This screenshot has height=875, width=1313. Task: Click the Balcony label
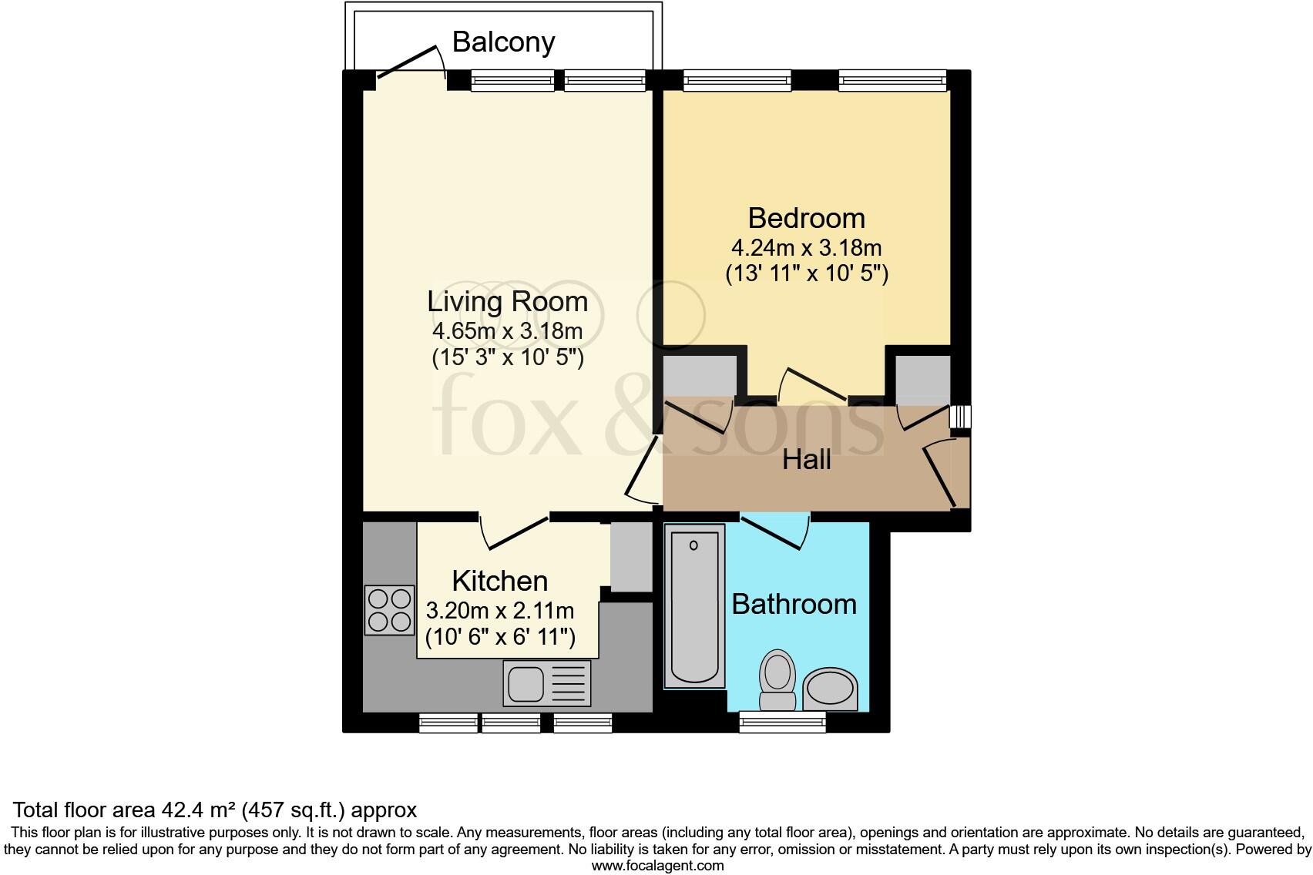click(x=503, y=42)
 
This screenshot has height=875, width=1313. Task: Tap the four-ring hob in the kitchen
click(x=389, y=610)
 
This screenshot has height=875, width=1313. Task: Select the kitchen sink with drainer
click(x=547, y=682)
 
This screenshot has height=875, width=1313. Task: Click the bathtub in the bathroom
click(x=694, y=605)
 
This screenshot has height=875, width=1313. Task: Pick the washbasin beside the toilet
click(x=830, y=688)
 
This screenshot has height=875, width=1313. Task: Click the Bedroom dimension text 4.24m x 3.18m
click(x=806, y=249)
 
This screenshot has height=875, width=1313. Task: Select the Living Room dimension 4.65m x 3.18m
click(x=507, y=332)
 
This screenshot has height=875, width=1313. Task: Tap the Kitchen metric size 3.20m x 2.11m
click(x=499, y=612)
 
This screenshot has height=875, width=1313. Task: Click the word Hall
click(x=806, y=460)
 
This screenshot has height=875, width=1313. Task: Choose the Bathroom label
click(x=794, y=604)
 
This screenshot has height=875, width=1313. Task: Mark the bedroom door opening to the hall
click(x=813, y=385)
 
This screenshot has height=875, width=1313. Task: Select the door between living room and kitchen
click(x=514, y=531)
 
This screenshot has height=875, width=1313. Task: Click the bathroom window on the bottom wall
click(x=782, y=722)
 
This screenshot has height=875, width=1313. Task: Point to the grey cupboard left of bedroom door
click(x=699, y=374)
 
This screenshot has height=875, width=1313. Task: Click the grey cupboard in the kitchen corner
click(x=631, y=557)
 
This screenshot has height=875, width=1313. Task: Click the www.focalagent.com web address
click(x=657, y=865)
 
